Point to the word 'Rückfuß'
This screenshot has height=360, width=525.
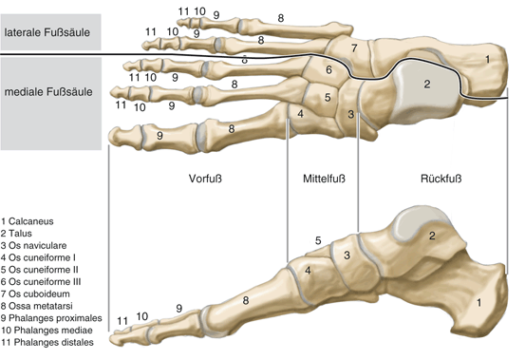pyautogui.click(x=441, y=178)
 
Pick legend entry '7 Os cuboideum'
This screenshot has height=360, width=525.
pyautogui.click(x=45, y=298)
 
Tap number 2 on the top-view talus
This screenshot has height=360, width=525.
pyautogui.click(x=427, y=85)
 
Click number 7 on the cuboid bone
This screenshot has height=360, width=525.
pyautogui.click(x=353, y=47)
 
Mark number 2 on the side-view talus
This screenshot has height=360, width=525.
pyautogui.click(x=432, y=235)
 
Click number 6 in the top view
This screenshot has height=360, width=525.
pyautogui.click(x=328, y=69)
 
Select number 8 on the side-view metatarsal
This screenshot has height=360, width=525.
pyautogui.click(x=246, y=301)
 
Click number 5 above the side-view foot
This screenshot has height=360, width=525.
pyautogui.click(x=318, y=240)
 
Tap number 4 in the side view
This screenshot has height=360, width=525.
pyautogui.click(x=308, y=271)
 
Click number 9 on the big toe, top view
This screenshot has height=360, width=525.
pyautogui.click(x=159, y=136)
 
